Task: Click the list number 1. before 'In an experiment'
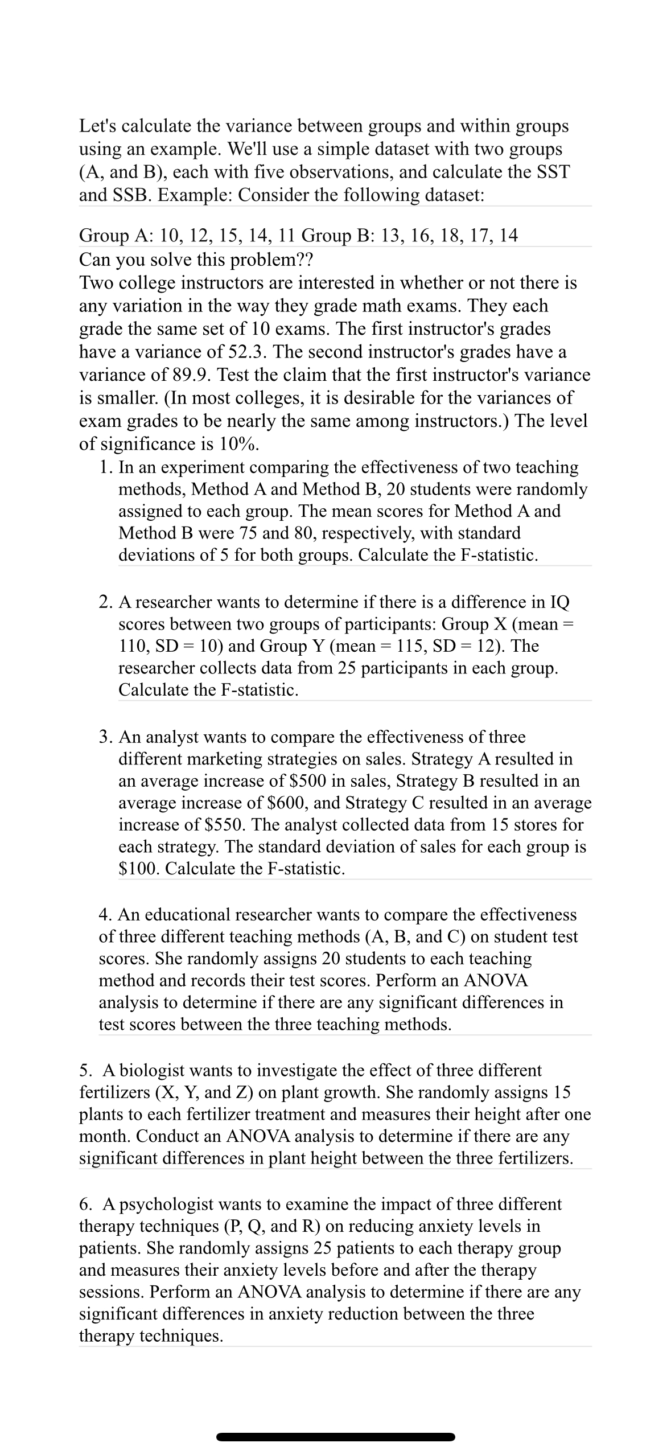[105, 467]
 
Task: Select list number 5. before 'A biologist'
[86, 1071]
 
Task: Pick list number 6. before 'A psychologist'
[86, 1204]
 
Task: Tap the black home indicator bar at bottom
[336, 1437]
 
